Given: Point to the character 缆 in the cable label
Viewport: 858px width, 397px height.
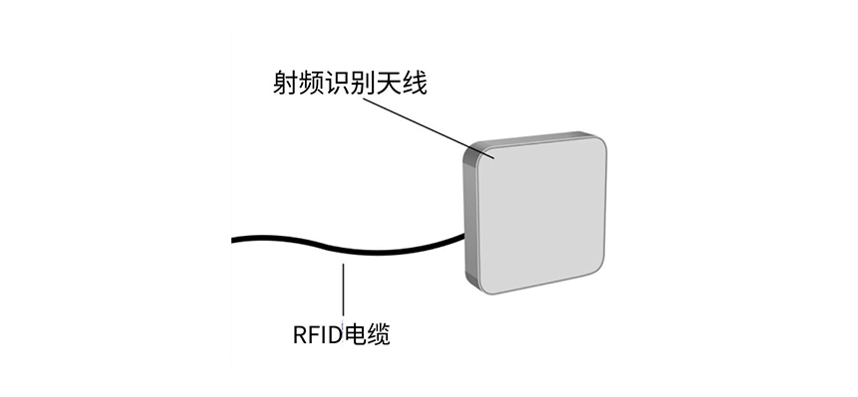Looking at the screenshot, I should click(x=377, y=335).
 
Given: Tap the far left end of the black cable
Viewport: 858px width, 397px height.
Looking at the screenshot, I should click(x=234, y=240).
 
